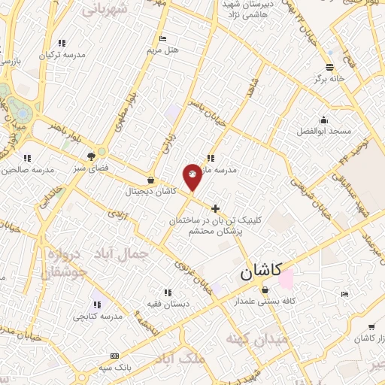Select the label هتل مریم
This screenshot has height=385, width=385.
point(163,50)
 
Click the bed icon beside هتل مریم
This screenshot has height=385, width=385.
point(163,38)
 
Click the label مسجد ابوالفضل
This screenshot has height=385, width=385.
point(324,131)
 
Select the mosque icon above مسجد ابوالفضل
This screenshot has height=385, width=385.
point(324,120)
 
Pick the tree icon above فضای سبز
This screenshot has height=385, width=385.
point(91,156)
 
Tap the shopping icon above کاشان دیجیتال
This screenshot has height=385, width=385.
point(152,180)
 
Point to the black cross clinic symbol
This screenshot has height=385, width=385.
point(216,208)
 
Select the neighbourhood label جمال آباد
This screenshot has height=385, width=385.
point(120,254)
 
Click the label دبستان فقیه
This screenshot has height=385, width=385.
point(167,304)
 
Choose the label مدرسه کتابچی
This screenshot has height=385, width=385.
point(93,317)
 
